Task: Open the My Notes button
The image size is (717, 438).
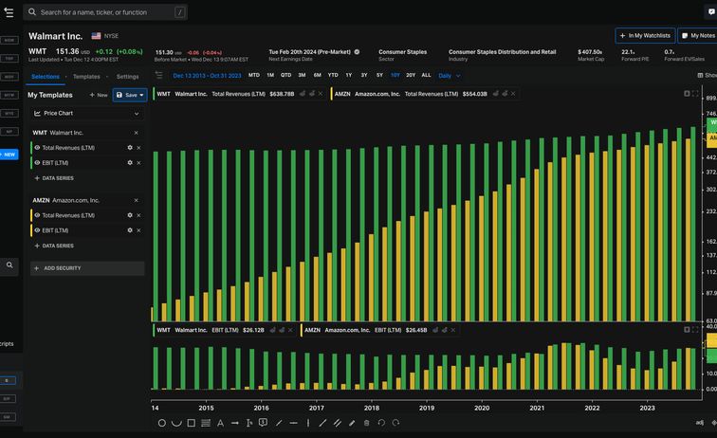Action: [697, 35]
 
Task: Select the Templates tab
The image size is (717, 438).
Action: [86, 76]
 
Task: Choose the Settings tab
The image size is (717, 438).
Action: [127, 76]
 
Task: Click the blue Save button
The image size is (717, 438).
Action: [130, 95]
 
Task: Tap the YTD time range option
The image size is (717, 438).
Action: [333, 75]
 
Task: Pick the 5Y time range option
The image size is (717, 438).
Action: [379, 75]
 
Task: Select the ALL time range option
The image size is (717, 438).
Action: [426, 75]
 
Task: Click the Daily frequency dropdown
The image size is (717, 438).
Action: [449, 75]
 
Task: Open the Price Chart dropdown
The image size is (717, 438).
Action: [86, 113]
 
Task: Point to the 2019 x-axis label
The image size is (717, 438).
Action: [427, 408]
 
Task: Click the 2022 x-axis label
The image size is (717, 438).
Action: [592, 408]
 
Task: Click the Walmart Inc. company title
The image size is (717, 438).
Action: [55, 35]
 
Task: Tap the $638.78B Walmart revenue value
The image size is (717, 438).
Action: [282, 94]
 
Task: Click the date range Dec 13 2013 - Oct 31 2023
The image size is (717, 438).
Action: [206, 75]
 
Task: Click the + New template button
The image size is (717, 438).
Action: [99, 95]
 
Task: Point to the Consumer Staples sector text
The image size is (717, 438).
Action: [402, 52]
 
